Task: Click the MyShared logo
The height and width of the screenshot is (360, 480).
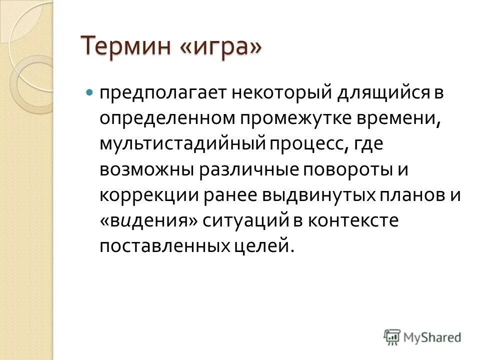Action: tap(422, 336)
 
